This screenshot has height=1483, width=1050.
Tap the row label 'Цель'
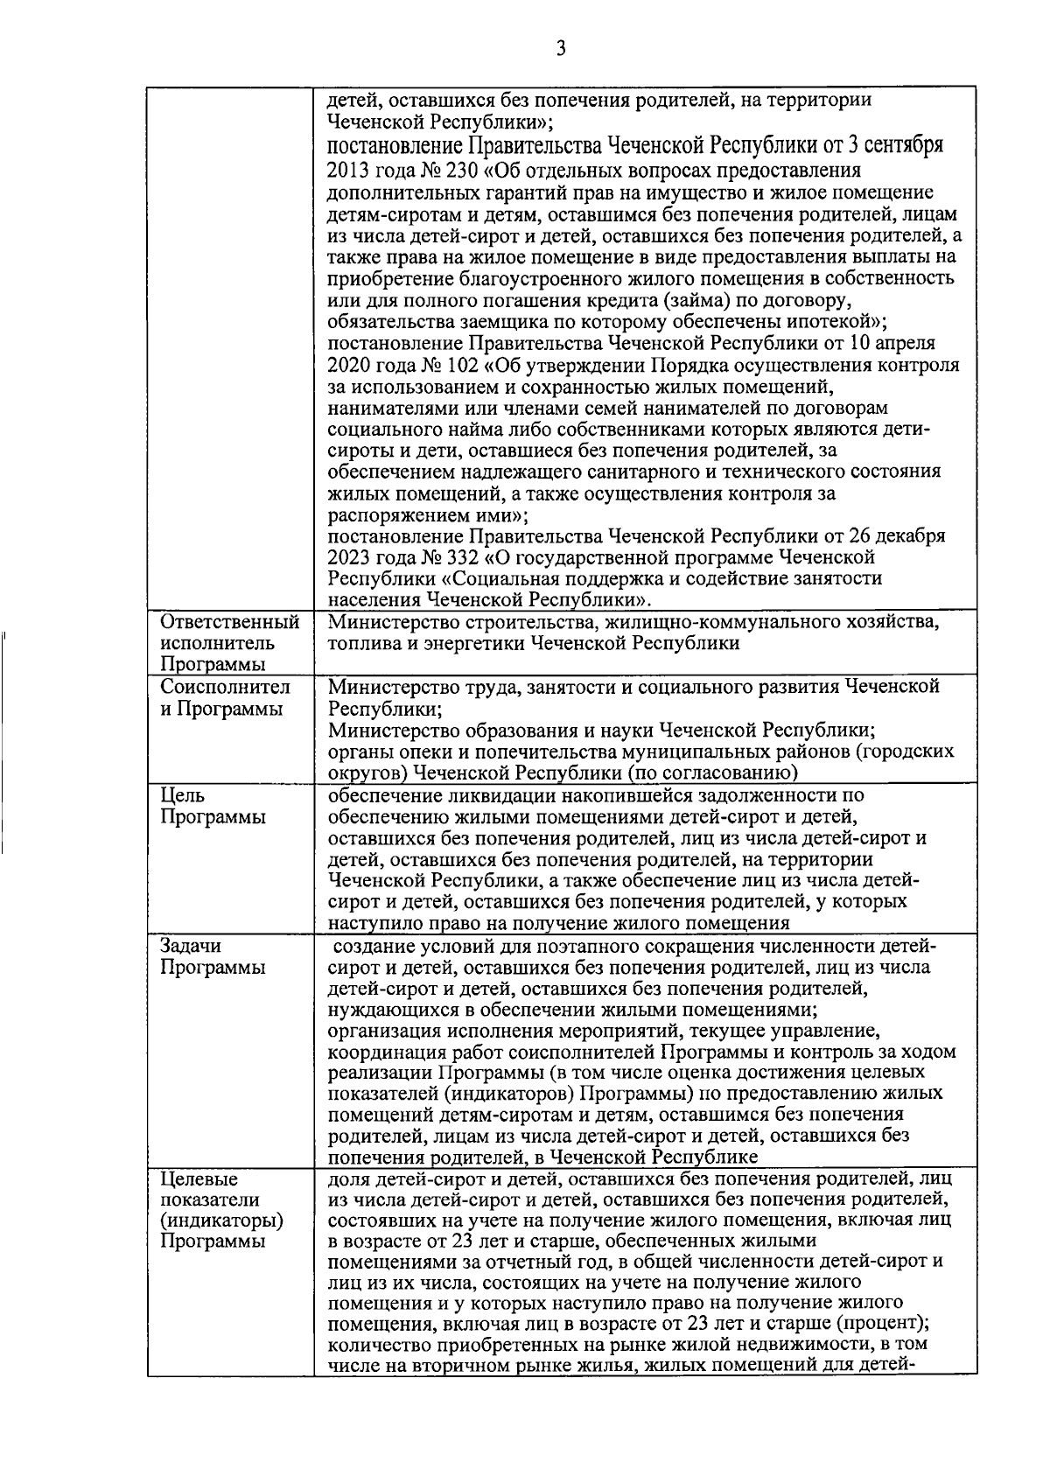(183, 795)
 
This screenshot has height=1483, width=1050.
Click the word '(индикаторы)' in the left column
(222, 1221)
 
